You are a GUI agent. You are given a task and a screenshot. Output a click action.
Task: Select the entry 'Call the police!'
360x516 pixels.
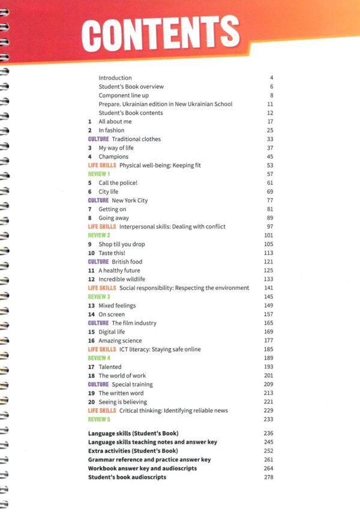[118, 182]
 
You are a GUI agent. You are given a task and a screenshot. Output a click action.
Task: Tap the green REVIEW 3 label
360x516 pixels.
[99, 296]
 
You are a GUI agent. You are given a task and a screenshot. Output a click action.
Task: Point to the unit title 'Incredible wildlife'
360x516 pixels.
[122, 279]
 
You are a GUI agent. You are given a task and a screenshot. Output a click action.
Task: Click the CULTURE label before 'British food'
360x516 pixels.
[98, 262]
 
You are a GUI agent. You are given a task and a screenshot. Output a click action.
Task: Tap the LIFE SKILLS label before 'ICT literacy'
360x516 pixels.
[102, 349]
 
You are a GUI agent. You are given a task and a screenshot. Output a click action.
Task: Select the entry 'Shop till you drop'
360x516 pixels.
[122, 244]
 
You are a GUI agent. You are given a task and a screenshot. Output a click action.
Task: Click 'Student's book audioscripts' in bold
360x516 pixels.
[127, 477]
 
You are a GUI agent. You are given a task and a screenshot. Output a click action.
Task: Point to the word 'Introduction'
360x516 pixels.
[115, 78]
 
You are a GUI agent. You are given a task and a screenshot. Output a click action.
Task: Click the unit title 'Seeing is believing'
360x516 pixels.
[123, 402]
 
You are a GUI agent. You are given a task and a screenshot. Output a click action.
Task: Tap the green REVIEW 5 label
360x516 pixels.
[99, 419]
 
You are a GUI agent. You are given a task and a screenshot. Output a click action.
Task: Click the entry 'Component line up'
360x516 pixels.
[124, 95]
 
